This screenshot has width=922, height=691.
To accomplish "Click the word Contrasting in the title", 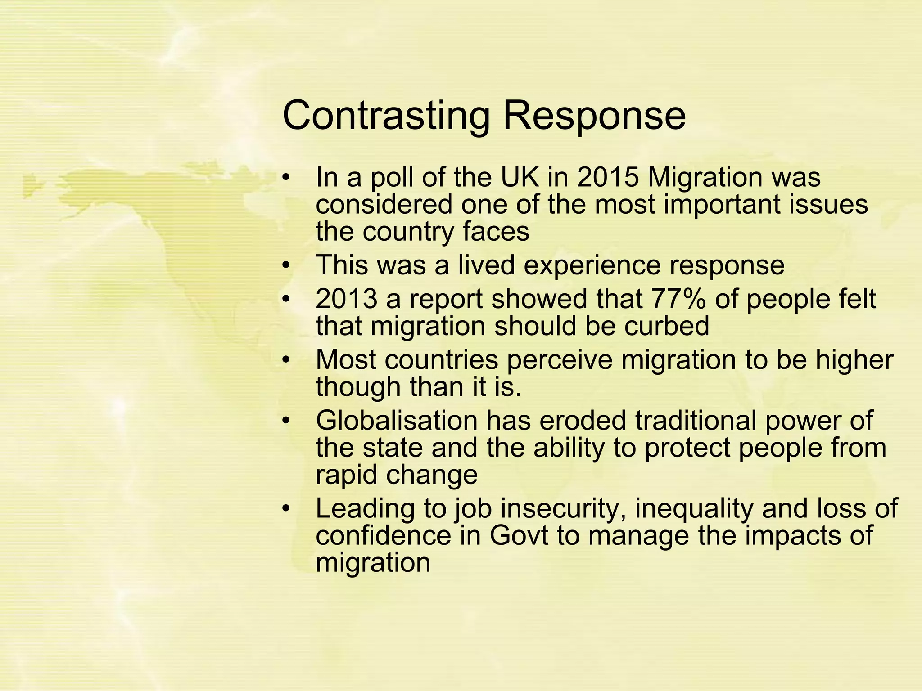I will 385,116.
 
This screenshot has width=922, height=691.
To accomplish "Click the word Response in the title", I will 594,116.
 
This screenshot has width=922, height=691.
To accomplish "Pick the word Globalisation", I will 396,421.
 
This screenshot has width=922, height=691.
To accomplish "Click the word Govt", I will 519,535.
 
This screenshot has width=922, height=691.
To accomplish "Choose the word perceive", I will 560,360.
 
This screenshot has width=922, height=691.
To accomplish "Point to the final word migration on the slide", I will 373,562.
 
